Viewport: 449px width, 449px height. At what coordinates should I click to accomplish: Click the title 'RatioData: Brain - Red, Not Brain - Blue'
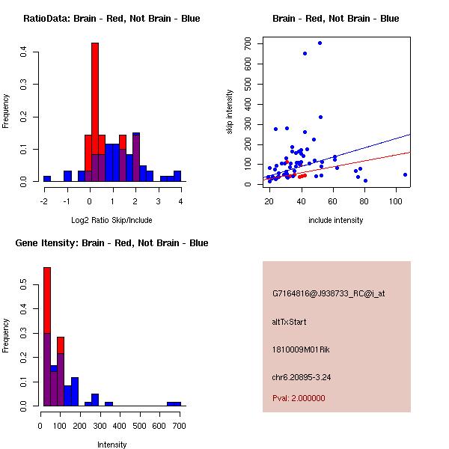point(112,19)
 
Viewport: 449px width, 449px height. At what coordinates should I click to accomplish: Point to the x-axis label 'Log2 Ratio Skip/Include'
point(112,220)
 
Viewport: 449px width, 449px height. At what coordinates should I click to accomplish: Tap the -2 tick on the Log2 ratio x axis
point(44,201)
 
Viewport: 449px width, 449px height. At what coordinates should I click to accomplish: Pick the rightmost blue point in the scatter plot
point(405,174)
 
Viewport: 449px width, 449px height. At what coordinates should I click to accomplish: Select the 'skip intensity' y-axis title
point(231,112)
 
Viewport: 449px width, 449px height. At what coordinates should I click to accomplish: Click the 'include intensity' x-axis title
point(336,220)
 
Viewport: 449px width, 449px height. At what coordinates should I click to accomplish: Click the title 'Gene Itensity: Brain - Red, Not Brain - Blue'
point(113,243)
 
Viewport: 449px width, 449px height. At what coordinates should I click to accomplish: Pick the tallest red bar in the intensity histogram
point(47,299)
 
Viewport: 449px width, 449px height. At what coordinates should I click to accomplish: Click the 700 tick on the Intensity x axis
point(177,425)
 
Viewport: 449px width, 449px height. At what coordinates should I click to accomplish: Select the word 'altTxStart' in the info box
point(289,322)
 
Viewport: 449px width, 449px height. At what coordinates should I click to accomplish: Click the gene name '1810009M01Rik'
point(299,349)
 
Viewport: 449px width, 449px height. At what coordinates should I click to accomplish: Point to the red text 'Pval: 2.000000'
point(299,398)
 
